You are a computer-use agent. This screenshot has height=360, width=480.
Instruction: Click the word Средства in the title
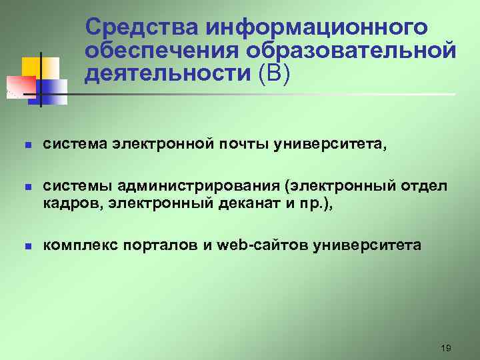(142, 28)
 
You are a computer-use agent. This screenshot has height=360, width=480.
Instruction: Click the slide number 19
(446, 348)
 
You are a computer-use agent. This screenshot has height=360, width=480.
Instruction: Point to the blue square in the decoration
(55, 91)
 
